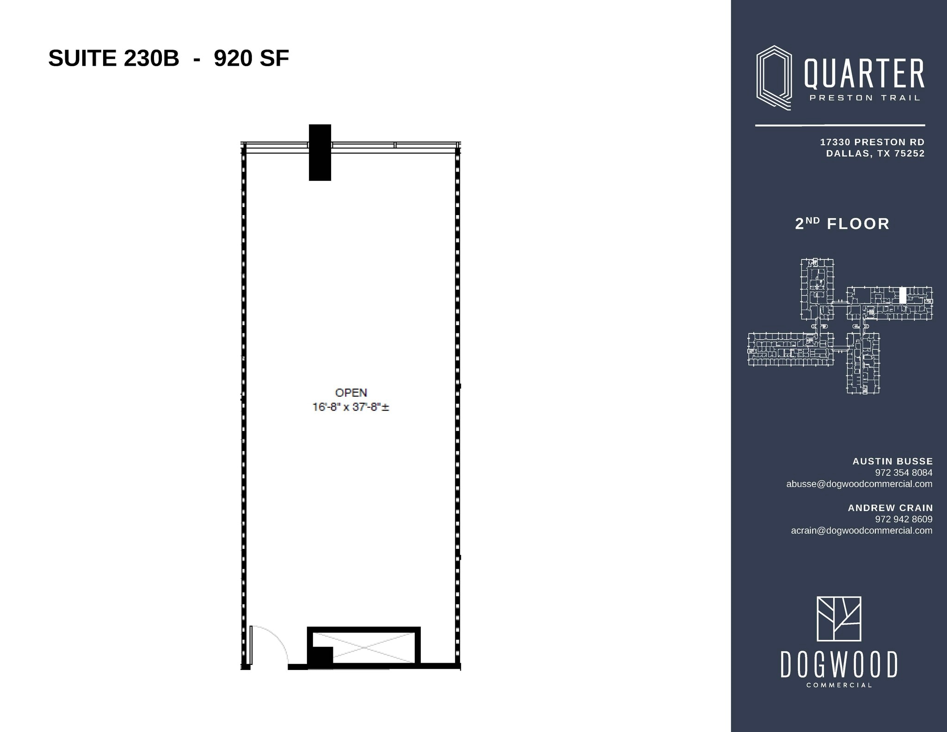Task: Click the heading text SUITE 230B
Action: [x=114, y=59]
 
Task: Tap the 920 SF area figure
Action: [x=252, y=59]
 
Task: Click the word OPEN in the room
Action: [x=351, y=393]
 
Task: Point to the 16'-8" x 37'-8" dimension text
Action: [x=351, y=407]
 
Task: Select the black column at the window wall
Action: [x=320, y=152]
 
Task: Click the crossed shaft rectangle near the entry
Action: [x=364, y=647]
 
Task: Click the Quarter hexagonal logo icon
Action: [x=774, y=78]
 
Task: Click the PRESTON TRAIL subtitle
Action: [x=865, y=98]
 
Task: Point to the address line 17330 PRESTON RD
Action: [x=872, y=142]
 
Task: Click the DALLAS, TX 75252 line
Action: [x=875, y=154]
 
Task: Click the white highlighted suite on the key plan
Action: [x=903, y=295]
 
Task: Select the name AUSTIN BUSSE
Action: [x=892, y=461]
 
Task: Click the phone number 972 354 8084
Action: [x=904, y=473]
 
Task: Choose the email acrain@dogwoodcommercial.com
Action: [x=861, y=530]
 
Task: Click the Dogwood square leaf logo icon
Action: [x=839, y=619]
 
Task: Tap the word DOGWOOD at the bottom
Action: [x=839, y=664]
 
